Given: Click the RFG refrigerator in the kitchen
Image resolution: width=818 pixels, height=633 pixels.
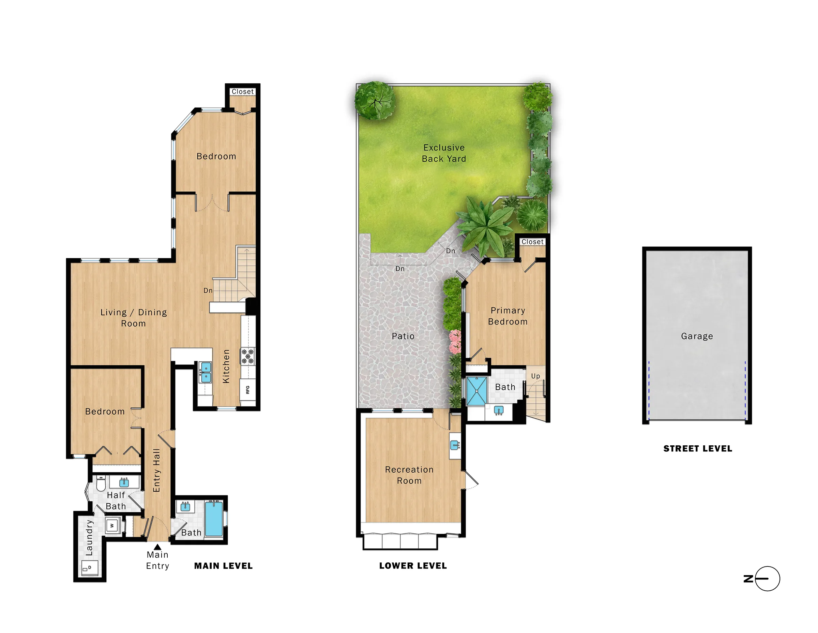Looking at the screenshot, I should (247, 390).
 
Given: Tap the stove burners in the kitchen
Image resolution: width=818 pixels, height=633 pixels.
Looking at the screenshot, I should (247, 356).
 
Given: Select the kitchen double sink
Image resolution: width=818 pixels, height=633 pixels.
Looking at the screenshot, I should (206, 372).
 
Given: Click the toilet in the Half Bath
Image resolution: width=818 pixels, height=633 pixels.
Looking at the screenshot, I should (101, 484).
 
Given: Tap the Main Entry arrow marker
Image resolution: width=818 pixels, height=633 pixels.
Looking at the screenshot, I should (158, 547).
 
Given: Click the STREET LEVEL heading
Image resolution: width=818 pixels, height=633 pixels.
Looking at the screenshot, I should (697, 448).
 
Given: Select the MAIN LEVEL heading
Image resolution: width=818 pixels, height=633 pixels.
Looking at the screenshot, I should (223, 566).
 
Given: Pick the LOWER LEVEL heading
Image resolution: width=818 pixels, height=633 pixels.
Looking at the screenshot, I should (413, 566).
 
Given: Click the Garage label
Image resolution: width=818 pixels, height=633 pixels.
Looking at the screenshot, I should (697, 336).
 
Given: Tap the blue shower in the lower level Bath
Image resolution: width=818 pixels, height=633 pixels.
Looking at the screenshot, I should (477, 391).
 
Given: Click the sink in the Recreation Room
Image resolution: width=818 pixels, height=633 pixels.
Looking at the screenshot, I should (455, 446).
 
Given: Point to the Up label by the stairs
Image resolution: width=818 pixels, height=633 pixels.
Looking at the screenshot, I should (535, 376).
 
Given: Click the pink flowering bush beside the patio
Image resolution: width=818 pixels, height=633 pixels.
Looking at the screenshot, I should (455, 342).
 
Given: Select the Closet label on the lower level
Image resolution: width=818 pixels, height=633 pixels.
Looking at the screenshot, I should (532, 242).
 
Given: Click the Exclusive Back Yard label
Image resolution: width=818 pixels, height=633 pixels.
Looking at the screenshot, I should (444, 153).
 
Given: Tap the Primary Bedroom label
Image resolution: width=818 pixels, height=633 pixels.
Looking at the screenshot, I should (508, 316).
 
